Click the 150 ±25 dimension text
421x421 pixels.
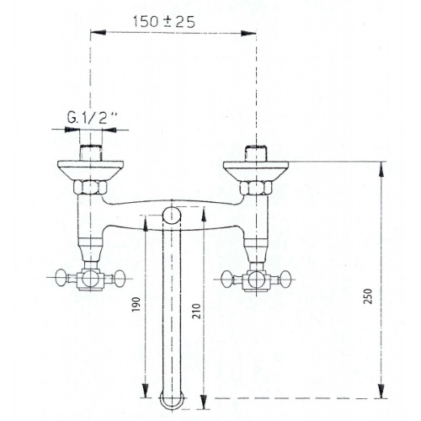coord(164,22)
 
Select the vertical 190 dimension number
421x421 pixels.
coord(136,305)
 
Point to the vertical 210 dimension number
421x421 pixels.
coord(198,311)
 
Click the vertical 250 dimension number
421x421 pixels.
coord(368,296)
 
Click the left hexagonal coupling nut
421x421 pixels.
coord(90,187)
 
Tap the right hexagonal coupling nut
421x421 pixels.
coord(256,187)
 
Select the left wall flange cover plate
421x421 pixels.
coord(90,170)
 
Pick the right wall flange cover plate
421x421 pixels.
coord(256,170)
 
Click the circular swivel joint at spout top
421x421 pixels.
coord(172,216)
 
